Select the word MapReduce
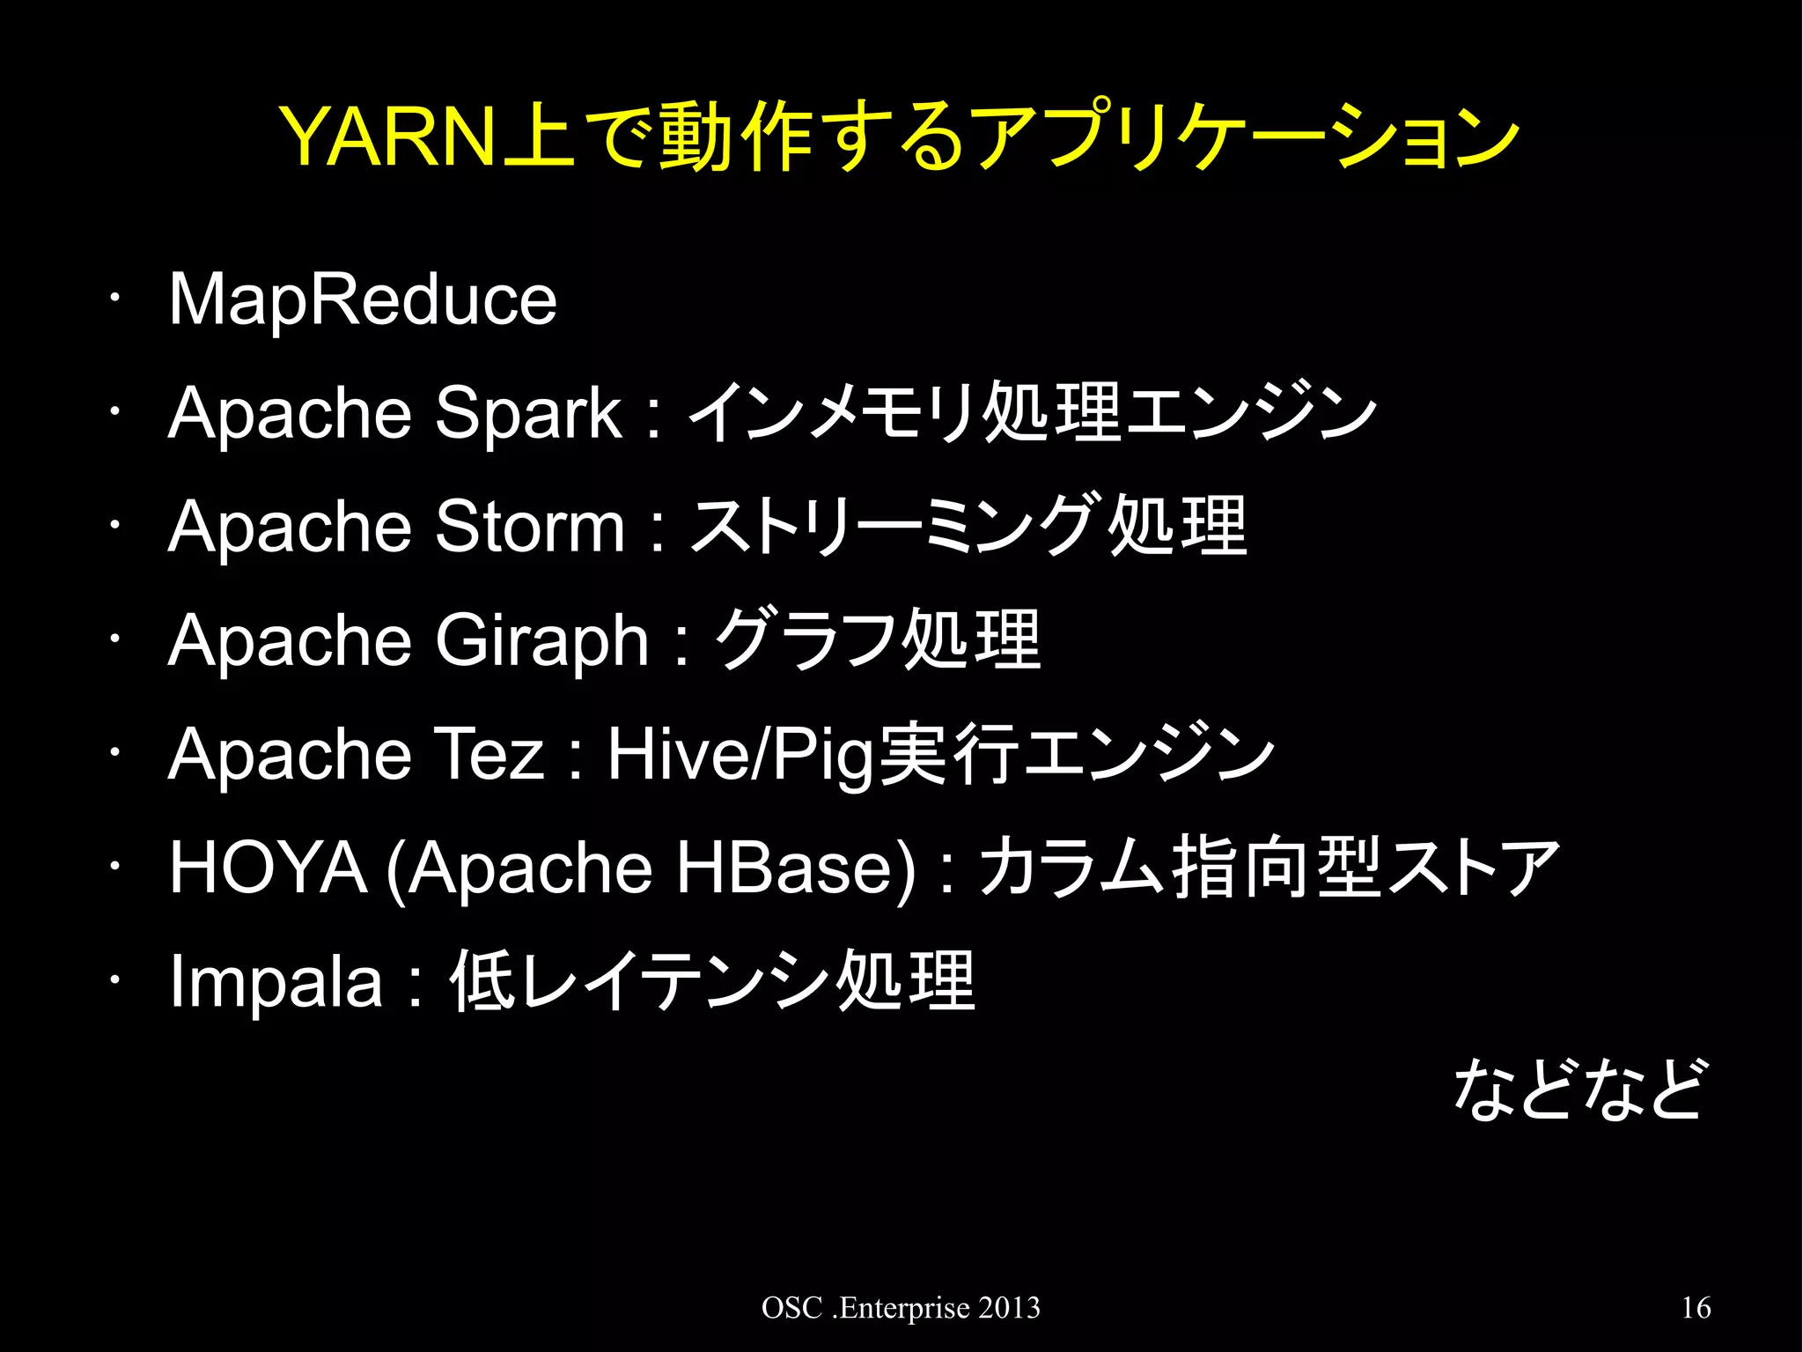point(362,299)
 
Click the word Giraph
point(541,640)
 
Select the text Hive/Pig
point(740,754)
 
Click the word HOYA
point(268,868)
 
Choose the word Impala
point(276,981)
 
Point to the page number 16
point(1696,1308)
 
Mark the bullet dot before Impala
point(114,980)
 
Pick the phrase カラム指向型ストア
point(1268,868)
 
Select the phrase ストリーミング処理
point(968,526)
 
